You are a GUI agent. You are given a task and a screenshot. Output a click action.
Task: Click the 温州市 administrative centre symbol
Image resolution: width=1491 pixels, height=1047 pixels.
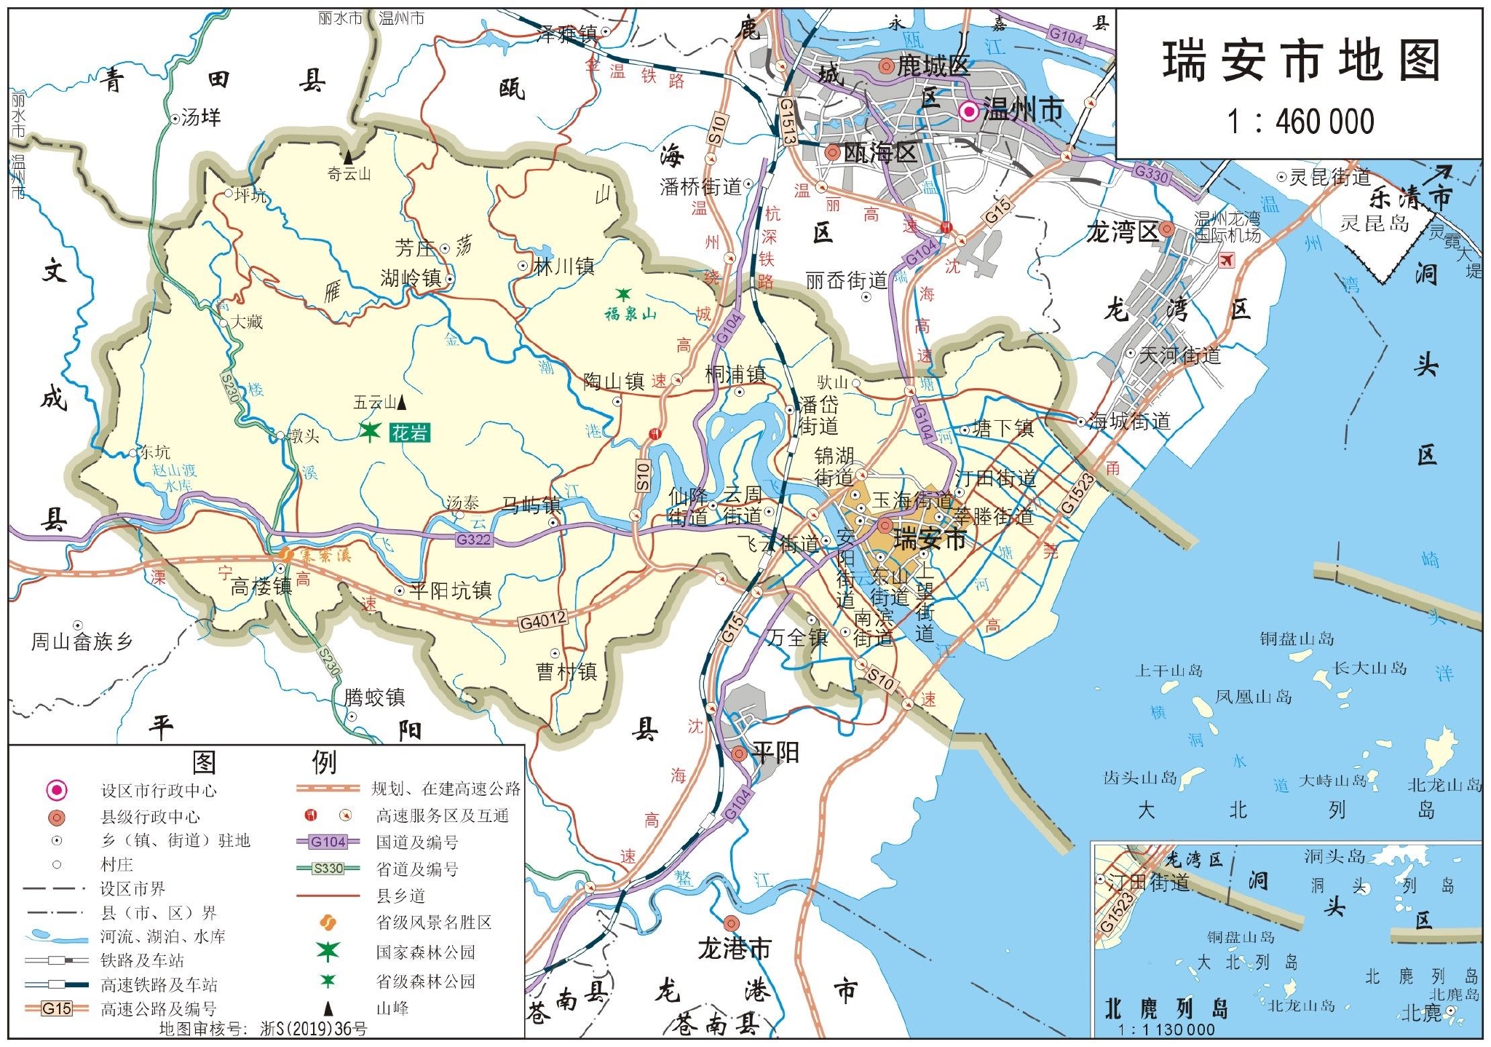pos(969,111)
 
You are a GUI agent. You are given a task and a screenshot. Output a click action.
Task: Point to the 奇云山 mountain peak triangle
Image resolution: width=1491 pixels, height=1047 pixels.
pos(349,157)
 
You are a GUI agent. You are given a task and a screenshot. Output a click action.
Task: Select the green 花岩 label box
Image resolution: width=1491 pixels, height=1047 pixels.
pos(410,433)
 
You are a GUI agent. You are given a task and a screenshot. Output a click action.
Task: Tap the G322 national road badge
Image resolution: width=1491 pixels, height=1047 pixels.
pos(473,540)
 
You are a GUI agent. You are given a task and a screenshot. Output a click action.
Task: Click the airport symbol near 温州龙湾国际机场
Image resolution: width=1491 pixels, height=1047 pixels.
pos(1227,258)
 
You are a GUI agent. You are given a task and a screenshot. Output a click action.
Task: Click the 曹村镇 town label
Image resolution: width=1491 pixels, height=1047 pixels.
pos(567,671)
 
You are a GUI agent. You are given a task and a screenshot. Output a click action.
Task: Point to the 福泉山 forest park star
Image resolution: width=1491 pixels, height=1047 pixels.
pos(623,294)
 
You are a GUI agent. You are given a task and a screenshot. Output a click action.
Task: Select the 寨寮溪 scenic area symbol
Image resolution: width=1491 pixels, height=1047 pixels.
pos(285,555)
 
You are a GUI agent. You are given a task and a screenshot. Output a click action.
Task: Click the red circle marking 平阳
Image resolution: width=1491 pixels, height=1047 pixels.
pos(739,754)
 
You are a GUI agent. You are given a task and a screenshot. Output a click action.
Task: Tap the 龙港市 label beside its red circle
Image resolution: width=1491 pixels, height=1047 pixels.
pos(734,949)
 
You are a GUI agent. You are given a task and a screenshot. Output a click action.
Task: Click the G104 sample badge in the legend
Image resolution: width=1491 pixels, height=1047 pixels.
pos(328,842)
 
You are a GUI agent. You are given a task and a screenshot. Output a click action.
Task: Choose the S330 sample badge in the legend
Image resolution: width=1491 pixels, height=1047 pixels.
pos(328,868)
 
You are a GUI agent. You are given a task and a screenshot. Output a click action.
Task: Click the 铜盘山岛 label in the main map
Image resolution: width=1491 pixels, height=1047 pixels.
pos(1297,639)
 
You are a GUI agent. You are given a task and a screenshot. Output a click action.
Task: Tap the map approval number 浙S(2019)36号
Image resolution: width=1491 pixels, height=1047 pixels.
pos(313,1029)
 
